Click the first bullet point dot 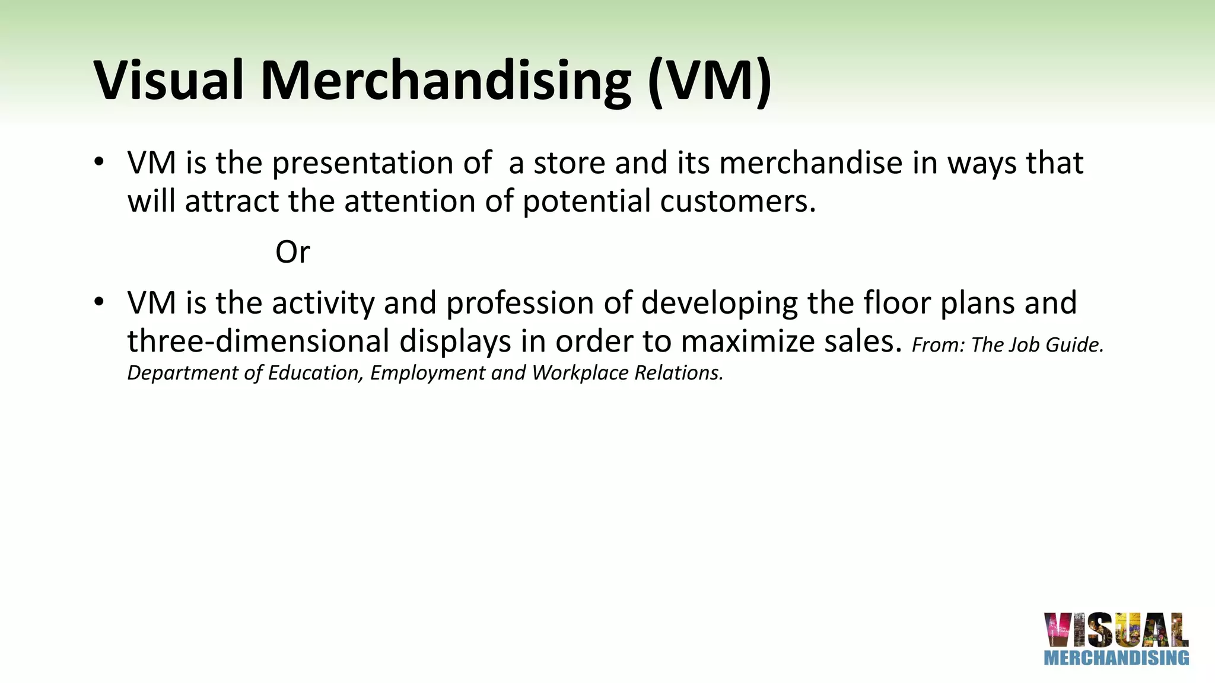click(x=99, y=161)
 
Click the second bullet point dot click(x=99, y=302)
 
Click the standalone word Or click(x=292, y=252)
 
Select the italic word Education click(x=315, y=373)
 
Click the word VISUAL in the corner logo click(x=1116, y=630)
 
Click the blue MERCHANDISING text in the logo click(x=1116, y=658)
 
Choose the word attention click(x=409, y=201)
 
